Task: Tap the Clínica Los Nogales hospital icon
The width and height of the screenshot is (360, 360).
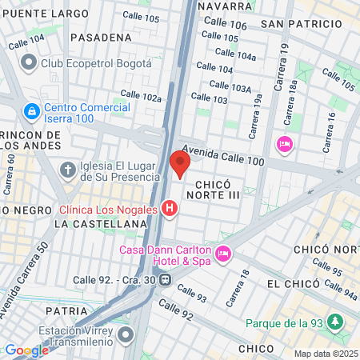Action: [169, 210]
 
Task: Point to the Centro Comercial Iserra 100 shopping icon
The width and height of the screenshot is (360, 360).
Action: [32, 110]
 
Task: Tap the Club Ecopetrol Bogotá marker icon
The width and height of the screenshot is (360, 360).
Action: [29, 62]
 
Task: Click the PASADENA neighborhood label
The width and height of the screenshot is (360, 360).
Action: [101, 38]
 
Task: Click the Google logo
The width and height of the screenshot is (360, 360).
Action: [26, 350]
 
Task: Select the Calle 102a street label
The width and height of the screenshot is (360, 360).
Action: [141, 95]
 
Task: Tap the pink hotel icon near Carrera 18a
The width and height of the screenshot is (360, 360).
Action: [283, 144]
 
